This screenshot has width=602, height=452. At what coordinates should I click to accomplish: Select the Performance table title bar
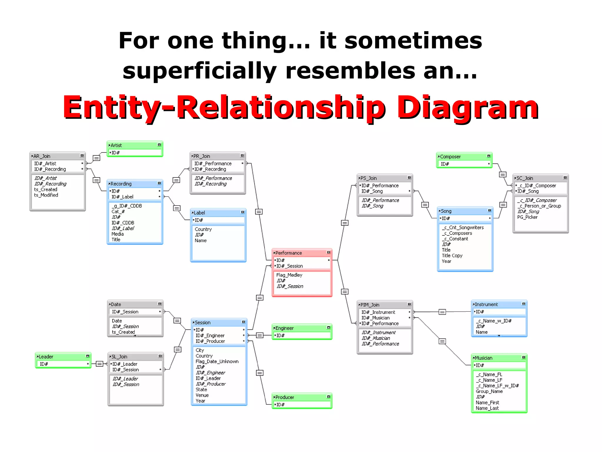302,253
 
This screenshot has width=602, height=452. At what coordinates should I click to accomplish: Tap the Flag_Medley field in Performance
289,275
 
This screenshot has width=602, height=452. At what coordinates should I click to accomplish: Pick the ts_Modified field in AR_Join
46,195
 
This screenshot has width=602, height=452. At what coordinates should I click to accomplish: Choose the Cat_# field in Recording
118,211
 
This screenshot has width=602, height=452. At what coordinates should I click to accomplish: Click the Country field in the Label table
203,229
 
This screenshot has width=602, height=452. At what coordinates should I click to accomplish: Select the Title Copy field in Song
452,255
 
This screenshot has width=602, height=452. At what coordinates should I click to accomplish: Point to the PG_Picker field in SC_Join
527,217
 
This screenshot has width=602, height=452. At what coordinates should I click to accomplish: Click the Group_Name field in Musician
489,391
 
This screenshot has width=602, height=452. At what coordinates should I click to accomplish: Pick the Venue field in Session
202,395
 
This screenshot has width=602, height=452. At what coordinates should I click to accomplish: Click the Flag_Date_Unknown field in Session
217,361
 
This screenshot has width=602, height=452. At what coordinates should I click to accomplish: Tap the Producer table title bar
302,397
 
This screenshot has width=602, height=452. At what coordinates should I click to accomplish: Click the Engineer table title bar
302,328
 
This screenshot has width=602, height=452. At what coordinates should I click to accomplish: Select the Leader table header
63,357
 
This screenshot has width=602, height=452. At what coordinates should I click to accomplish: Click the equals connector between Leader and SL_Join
100,364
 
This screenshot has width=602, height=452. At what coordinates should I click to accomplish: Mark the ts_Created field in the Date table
123,332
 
